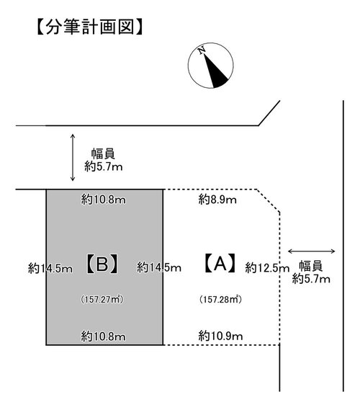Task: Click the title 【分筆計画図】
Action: pyautogui.click(x=89, y=27)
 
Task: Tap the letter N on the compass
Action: pyautogui.click(x=202, y=50)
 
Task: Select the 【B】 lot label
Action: pyautogui.click(x=102, y=264)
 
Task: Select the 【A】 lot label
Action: pyautogui.click(x=220, y=263)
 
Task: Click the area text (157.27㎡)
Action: pyautogui.click(x=102, y=299)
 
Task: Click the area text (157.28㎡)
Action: pyautogui.click(x=220, y=299)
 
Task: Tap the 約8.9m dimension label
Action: pyautogui.click(x=217, y=200)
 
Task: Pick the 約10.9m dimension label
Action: pyautogui.click(x=220, y=336)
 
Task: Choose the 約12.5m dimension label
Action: pyautogui.click(x=267, y=268)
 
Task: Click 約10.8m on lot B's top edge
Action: pyautogui.click(x=103, y=200)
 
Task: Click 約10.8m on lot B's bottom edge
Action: pyautogui.click(x=103, y=337)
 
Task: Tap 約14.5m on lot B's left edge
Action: pyautogui.click(x=50, y=269)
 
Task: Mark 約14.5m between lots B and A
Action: pyautogui.click(x=159, y=267)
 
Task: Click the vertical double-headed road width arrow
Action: pyautogui.click(x=73, y=157)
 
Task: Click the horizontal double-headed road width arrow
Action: pyautogui.click(x=311, y=251)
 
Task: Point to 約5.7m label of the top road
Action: pyautogui.click(x=104, y=166)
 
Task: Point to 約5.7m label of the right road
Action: pyautogui.click(x=311, y=279)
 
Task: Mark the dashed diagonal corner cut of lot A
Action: pyautogui.click(x=269, y=200)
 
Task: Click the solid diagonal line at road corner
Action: pyautogui.click(x=269, y=113)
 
